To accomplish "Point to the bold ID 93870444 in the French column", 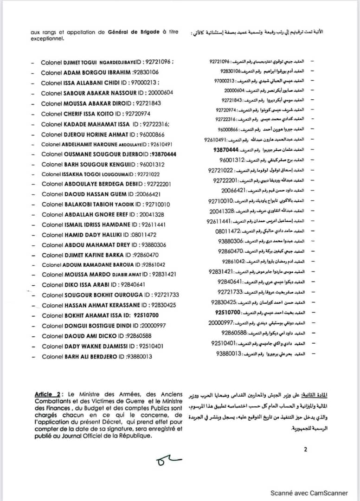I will (162, 154).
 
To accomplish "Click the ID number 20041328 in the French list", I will (151, 214).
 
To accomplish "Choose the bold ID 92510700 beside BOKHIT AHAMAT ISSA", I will (147, 315).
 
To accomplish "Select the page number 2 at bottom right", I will (305, 449).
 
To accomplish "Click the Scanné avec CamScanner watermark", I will (309, 493).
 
